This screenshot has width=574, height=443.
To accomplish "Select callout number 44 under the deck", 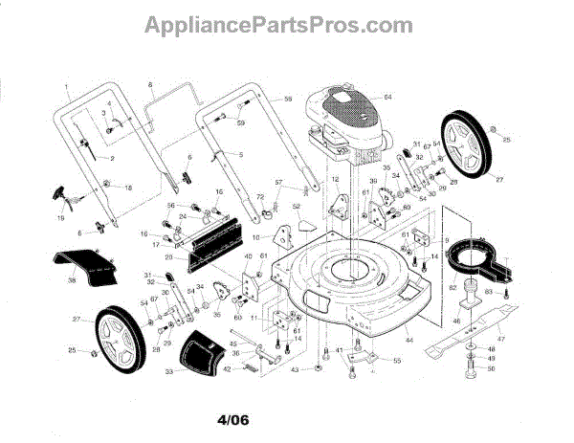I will [408, 341].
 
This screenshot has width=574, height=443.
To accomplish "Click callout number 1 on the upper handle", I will [67, 87].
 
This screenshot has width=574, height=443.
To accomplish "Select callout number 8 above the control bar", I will [151, 87].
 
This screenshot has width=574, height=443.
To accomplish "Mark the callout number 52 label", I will [297, 206].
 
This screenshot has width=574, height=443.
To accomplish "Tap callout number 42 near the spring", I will [227, 368].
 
